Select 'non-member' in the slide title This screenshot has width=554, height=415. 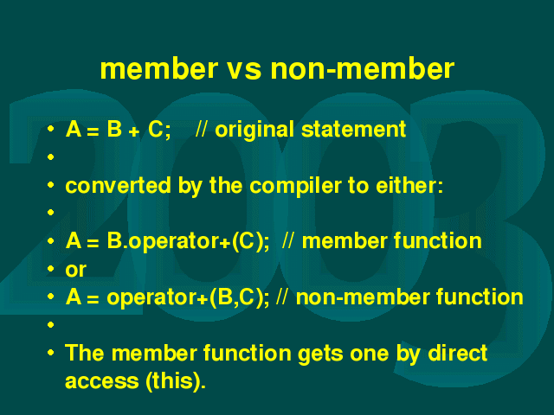click(362, 68)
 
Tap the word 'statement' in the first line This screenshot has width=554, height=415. click(354, 129)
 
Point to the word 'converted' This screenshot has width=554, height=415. click(118, 186)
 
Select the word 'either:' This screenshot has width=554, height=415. click(409, 185)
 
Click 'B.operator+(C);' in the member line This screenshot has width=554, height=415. click(188, 241)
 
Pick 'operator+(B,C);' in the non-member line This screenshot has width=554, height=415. click(188, 297)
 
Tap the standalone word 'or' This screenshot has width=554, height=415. click(75, 270)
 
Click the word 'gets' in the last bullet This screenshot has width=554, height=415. click(320, 354)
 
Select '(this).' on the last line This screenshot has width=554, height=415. click(175, 381)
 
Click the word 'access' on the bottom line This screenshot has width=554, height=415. click(102, 382)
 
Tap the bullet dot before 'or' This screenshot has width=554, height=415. click(50, 269)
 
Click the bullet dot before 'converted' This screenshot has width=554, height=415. click(50, 184)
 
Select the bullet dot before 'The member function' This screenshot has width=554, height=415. click(50, 352)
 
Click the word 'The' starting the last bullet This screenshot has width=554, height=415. click(85, 353)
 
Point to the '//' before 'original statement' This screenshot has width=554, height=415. click(202, 129)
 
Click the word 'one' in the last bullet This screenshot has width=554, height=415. click(370, 354)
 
